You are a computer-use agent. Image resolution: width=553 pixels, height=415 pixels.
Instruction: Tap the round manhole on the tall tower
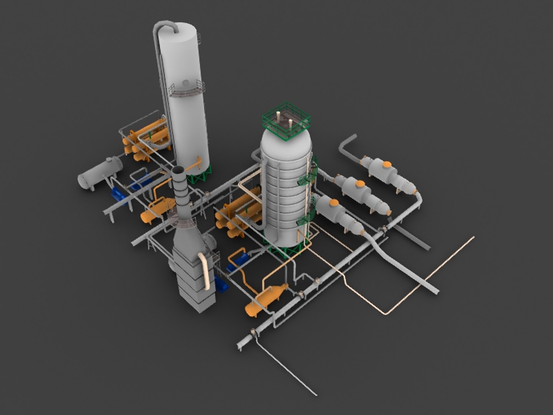tap(186, 82)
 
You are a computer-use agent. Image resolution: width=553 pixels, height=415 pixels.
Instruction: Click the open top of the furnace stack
tap(179, 170)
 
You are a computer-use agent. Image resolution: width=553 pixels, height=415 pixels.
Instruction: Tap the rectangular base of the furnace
tap(194, 284)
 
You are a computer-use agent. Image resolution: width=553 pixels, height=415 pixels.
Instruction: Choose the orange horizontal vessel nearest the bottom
tap(265, 298)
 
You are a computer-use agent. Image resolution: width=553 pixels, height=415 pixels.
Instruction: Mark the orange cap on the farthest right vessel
tap(387, 165)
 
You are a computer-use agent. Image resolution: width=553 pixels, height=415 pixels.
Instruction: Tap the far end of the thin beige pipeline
tap(472, 238)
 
